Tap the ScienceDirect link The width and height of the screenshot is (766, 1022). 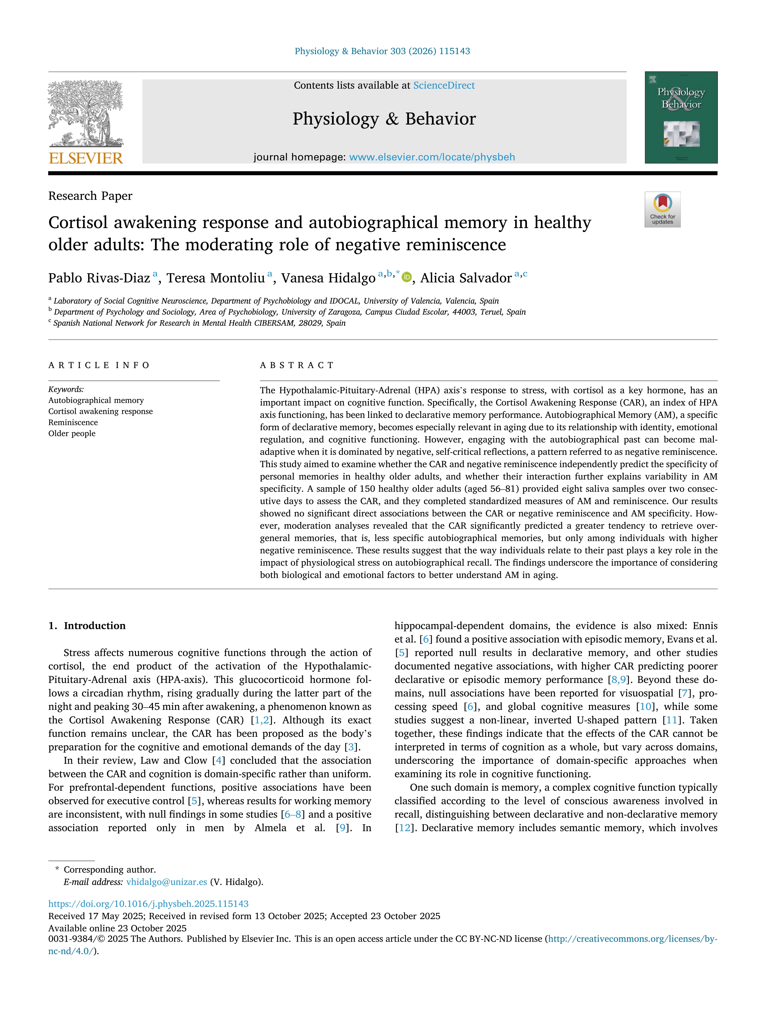pyautogui.click(x=444, y=86)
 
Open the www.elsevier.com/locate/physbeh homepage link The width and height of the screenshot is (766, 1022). pyautogui.click(x=432, y=157)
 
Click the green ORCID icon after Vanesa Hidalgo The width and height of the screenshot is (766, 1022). pyautogui.click(x=406, y=277)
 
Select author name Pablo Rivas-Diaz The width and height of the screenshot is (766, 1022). pyautogui.click(x=99, y=278)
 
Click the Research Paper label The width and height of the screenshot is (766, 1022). pyautogui.click(x=90, y=196)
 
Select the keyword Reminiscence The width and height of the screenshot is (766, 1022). pyautogui.click(x=73, y=422)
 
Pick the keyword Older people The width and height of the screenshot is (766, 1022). pyautogui.click(x=72, y=433)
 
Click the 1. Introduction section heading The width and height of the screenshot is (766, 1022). pyautogui.click(x=87, y=625)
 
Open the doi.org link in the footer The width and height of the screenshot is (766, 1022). pyautogui.click(x=148, y=904)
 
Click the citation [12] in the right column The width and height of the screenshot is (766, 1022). pyautogui.click(x=404, y=828)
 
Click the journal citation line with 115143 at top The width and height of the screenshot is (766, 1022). pyautogui.click(x=382, y=51)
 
